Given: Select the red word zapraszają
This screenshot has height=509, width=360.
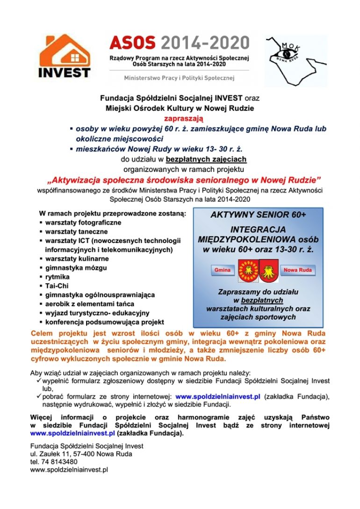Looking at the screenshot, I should [180, 119].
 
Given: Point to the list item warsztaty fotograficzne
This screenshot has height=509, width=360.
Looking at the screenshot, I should [83, 222].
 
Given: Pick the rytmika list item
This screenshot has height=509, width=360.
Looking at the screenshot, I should [58, 277].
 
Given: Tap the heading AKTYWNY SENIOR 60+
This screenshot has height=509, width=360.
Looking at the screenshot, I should [258, 215].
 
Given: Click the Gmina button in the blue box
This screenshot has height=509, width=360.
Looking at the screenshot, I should [223, 271].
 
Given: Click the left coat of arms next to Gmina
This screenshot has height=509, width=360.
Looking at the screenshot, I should [247, 270].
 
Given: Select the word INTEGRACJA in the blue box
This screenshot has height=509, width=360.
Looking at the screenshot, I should [258, 230].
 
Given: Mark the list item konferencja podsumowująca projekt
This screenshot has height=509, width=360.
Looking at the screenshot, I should [104, 323].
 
